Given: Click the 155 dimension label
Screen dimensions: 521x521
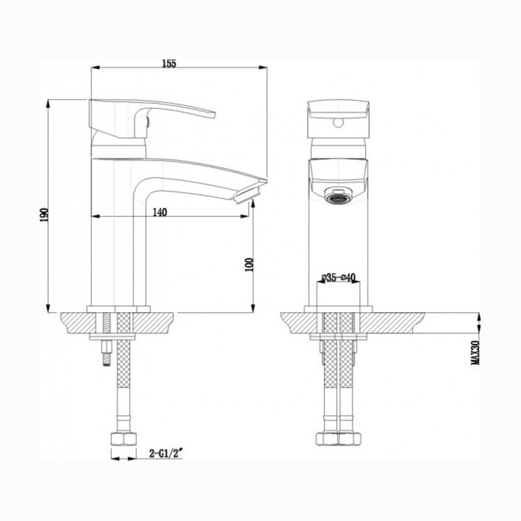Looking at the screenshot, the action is point(169,63).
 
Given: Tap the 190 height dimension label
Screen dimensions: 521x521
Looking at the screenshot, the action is point(44,215).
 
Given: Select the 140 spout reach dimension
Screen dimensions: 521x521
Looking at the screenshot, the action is point(160,212).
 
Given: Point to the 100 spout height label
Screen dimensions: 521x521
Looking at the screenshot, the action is point(249,264).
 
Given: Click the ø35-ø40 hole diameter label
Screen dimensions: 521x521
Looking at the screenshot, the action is point(338,277).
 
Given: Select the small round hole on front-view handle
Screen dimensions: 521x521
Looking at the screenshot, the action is point(338,123).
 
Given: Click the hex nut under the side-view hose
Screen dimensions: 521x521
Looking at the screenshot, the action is point(123,439).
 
